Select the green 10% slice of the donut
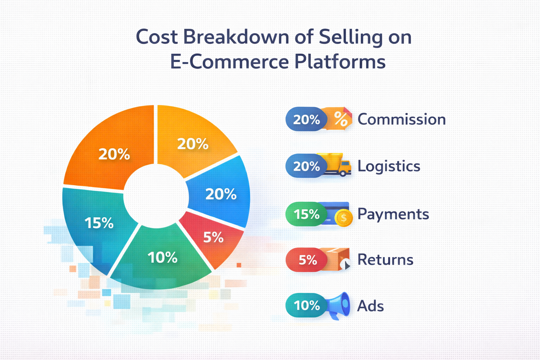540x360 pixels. pyautogui.click(x=162, y=260)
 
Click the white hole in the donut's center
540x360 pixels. pyautogui.click(x=155, y=195)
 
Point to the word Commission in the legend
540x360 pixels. pyautogui.click(x=401, y=120)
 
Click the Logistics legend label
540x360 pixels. pyautogui.click(x=389, y=166)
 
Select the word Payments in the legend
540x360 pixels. pyautogui.click(x=393, y=214)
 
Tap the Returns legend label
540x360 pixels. pyautogui.click(x=385, y=260)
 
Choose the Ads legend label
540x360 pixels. pyautogui.click(x=371, y=306)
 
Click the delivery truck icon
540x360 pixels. pyautogui.click(x=339, y=164)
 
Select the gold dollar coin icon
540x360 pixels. pyautogui.click(x=343, y=218)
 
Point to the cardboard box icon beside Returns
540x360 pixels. pyautogui.click(x=338, y=259)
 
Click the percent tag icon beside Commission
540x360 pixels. pyautogui.click(x=340, y=119)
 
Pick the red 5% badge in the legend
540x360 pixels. pyautogui.click(x=307, y=260)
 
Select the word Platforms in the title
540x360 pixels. pyautogui.click(x=340, y=62)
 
